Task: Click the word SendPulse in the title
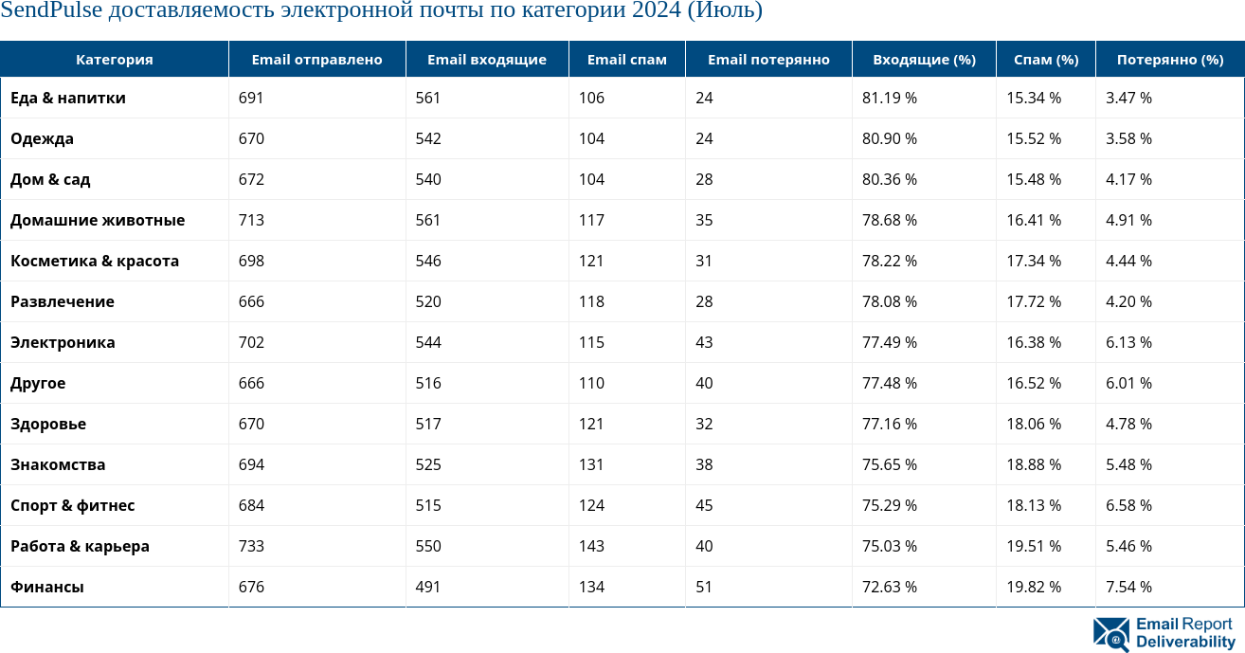[x=51, y=10]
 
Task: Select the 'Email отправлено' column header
[x=316, y=60]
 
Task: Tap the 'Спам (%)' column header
[x=1045, y=60]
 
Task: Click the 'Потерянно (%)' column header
[x=1169, y=60]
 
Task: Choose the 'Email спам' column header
[x=626, y=60]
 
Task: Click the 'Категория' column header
[x=114, y=60]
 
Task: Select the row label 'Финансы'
[x=47, y=587]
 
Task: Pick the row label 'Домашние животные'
[x=98, y=220]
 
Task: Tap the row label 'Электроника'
[x=63, y=342]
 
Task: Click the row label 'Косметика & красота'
[x=95, y=261]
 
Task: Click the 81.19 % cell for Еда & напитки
[x=889, y=98]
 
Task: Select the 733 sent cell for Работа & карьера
[x=251, y=546]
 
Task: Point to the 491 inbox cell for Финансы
[x=428, y=587]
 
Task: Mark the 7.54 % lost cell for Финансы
[x=1128, y=587]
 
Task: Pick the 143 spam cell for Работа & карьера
[x=591, y=546]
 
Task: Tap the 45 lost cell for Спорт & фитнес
[x=704, y=505]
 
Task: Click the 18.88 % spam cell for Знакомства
[x=1034, y=464]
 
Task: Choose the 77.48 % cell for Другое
[x=889, y=383]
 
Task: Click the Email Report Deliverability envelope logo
[x=1110, y=634]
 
